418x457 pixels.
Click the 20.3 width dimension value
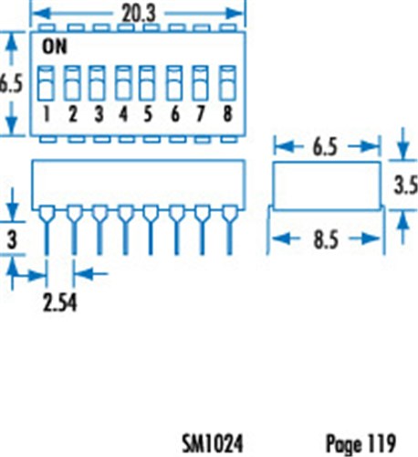tap(139, 14)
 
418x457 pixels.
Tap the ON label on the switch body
tap(55, 47)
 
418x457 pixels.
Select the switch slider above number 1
tap(46, 83)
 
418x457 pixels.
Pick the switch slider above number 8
tap(228, 83)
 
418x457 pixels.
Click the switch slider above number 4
tap(123, 83)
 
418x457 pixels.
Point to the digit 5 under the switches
tap(148, 114)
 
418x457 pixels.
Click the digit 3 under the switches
tap(99, 114)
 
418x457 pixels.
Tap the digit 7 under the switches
tap(200, 114)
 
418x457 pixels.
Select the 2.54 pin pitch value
tap(59, 303)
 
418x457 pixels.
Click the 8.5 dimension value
tap(326, 239)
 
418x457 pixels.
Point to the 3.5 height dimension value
tap(406, 186)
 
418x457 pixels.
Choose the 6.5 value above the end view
tap(325, 147)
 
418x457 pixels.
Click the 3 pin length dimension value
tap(12, 240)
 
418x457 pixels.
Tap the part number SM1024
tap(213, 443)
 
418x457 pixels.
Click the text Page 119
tap(361, 443)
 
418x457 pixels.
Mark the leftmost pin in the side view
tap(47, 230)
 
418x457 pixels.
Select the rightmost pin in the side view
tap(230, 230)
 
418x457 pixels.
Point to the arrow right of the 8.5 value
tap(365, 239)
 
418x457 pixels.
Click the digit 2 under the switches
tap(72, 114)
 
